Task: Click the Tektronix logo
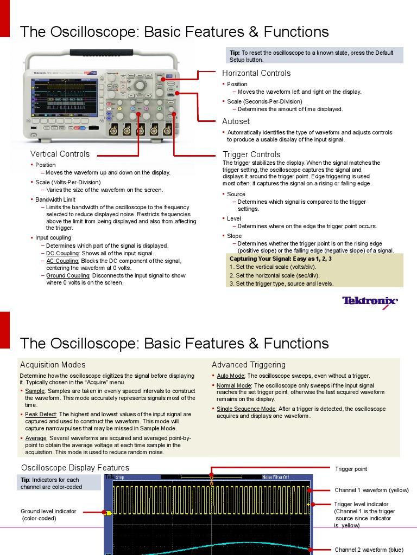369,301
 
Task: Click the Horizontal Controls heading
256,73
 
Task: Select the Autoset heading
236,121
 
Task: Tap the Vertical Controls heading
60,154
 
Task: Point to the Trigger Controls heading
251,154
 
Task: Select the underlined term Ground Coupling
67,275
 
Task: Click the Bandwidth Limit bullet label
55,199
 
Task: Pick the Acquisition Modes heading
53,365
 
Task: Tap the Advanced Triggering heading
248,365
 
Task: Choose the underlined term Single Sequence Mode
246,409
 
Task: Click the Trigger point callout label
351,469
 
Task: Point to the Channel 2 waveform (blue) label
369,550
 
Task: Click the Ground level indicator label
48,511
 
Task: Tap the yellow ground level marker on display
108,512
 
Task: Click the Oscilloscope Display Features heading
75,468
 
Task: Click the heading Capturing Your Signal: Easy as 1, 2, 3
281,259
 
